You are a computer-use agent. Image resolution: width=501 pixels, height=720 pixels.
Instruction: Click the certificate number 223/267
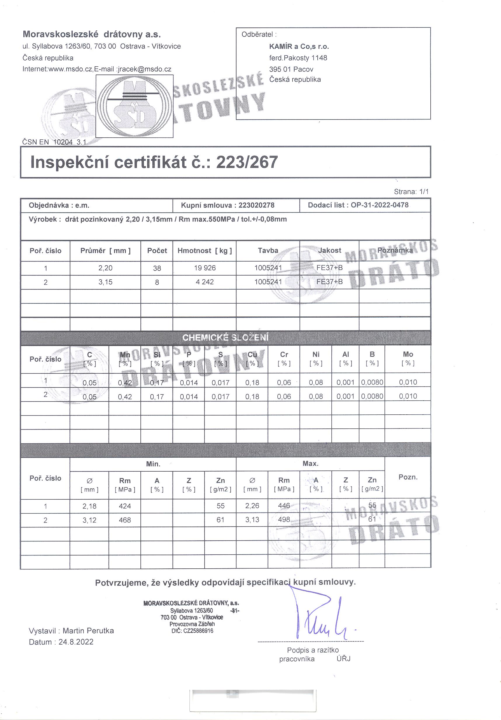(247, 162)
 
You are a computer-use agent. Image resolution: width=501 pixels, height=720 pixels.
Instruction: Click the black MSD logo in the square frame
(134, 106)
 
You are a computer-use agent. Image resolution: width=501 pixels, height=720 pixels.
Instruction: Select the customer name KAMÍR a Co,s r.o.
(299, 47)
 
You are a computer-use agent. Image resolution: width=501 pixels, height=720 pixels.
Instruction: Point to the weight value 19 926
(205, 268)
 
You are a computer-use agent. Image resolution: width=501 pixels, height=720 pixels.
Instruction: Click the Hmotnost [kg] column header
(205, 250)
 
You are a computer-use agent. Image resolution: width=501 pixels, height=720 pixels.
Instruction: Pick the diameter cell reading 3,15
(105, 282)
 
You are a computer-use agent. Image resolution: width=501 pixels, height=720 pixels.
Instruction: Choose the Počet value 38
(157, 268)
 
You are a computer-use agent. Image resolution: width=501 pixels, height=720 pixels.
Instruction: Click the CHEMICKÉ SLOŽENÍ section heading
(225, 337)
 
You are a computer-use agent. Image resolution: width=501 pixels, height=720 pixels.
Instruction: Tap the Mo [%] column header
(408, 358)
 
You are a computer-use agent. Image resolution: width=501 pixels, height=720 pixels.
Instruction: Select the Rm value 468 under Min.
(125, 520)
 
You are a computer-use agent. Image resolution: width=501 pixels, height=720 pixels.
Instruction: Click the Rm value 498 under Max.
(284, 519)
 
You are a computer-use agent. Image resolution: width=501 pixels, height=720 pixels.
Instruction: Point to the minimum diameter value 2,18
(89, 506)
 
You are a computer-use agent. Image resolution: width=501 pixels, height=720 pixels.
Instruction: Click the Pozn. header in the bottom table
(408, 477)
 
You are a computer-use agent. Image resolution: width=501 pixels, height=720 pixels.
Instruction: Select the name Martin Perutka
(88, 631)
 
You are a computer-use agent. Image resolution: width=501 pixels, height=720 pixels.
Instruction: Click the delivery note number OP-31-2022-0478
(380, 205)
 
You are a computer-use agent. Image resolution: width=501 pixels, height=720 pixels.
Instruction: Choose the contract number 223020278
(256, 205)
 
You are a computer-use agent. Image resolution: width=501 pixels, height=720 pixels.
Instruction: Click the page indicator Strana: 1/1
(411, 192)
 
